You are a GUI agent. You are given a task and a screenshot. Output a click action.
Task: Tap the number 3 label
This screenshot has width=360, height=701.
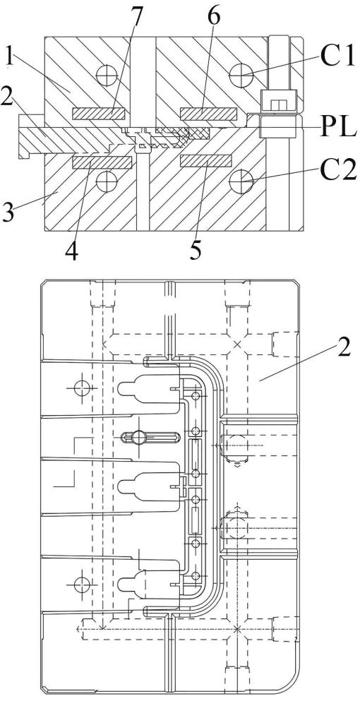point(7,211)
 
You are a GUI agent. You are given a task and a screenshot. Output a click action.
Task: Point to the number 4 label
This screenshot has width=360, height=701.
point(71,252)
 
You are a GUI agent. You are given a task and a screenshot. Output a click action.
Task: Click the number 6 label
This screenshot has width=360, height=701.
point(214,18)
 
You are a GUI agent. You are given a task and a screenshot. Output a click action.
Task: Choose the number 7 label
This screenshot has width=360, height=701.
point(136,18)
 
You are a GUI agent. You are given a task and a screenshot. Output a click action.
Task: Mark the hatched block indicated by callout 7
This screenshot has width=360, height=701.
point(98,114)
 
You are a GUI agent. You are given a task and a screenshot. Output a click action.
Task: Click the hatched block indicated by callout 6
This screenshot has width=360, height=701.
point(208,114)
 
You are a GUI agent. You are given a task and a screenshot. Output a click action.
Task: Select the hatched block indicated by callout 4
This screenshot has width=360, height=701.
point(102,162)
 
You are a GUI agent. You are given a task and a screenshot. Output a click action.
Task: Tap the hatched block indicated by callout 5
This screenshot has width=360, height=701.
point(205,162)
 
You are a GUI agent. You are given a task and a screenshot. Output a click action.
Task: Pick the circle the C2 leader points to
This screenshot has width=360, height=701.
point(241,181)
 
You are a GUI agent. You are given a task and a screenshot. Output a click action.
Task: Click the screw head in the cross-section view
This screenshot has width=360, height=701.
point(279,100)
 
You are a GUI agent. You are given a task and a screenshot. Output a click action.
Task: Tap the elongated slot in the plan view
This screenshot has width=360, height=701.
point(150,436)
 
